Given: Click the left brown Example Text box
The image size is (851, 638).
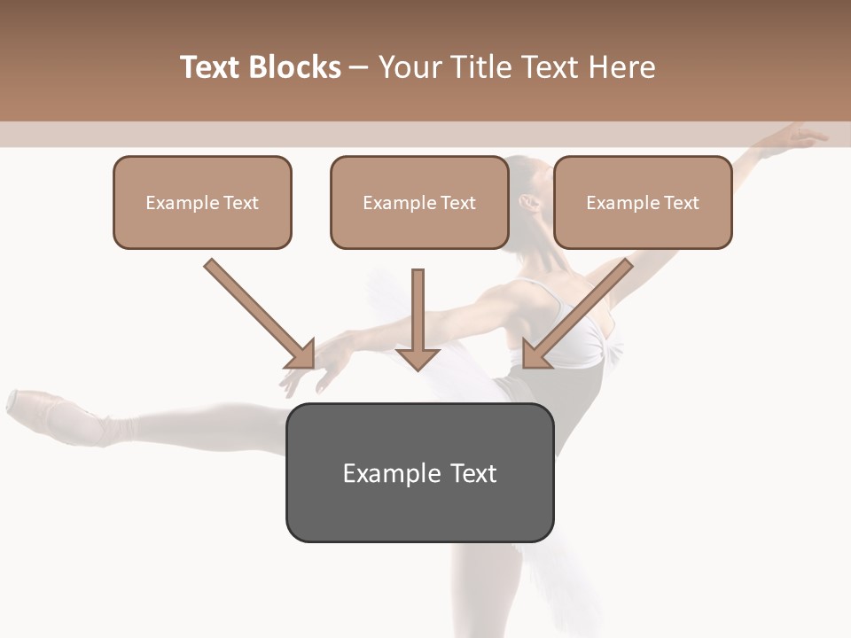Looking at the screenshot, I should tap(202, 203).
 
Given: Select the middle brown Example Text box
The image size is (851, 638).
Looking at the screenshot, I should tap(419, 203).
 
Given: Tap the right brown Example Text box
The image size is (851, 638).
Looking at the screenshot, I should tap(643, 203).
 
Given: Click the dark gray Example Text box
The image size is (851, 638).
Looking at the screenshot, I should tap(419, 473).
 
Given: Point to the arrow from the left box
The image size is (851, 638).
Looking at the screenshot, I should tap(258, 313).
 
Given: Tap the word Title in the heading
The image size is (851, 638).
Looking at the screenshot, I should tap(478, 67).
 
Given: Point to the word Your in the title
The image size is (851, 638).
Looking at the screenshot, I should tap(409, 67).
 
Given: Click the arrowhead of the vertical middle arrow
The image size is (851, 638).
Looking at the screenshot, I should tap(418, 357).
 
